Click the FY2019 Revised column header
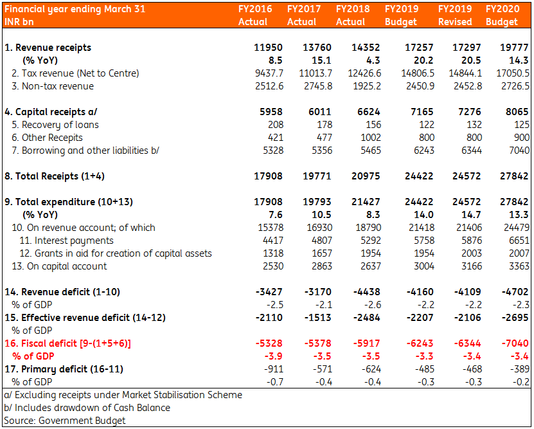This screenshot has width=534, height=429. tap(455, 15)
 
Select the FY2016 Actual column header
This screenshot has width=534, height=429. tap(255, 15)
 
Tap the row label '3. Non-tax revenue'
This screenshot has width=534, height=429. tap(53, 86)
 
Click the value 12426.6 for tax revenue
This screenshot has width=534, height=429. tap(364, 73)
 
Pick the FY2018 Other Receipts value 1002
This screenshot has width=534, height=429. tap(371, 138)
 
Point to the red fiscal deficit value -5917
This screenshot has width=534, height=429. tap(366, 343)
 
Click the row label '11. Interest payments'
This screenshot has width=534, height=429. tap(66, 241)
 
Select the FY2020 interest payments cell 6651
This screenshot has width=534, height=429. tap(519, 241)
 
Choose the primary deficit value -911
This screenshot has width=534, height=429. tap(274, 369)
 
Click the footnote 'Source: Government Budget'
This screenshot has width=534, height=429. tap(65, 421)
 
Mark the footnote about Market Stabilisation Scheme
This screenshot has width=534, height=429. tap(123, 395)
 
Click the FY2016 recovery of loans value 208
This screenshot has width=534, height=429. tap(276, 125)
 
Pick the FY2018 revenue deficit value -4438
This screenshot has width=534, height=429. tap(366, 292)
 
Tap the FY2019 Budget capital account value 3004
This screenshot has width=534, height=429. tap(424, 266)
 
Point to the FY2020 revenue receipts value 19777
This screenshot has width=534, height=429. tap(514, 48)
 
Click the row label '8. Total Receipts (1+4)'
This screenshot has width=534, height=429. tap(55, 176)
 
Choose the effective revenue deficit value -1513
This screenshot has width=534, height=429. tap(317, 318)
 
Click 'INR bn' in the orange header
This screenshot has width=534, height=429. tap(19, 22)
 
